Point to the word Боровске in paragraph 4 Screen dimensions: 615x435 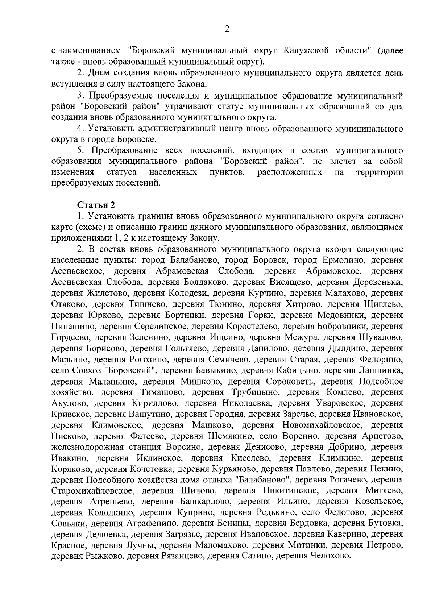click(x=137, y=139)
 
